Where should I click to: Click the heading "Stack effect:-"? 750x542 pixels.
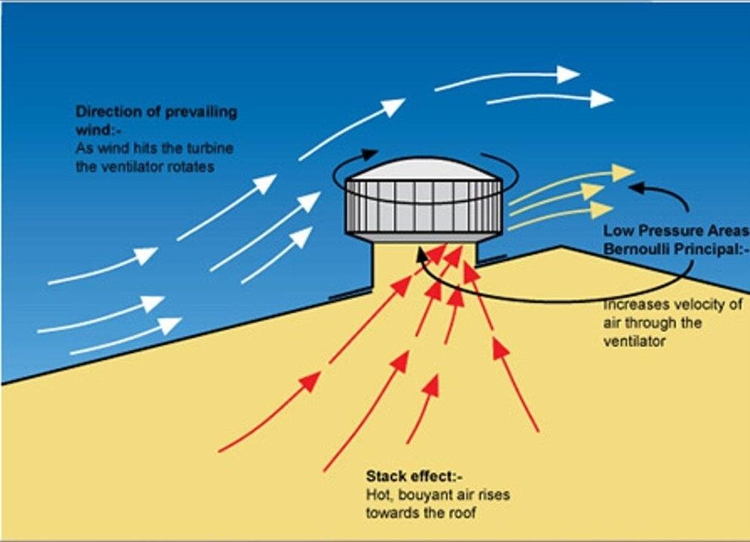point(414,476)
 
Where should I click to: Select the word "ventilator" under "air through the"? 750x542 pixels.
point(634,342)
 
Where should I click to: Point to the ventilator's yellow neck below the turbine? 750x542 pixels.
point(424,262)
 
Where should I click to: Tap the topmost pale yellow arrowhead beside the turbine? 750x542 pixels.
point(623,172)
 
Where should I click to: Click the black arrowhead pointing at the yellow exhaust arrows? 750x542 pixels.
point(638,187)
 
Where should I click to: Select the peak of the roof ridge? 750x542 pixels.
point(561,246)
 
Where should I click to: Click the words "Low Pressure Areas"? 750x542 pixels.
point(676,231)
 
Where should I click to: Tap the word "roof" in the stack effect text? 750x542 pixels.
point(463,513)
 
